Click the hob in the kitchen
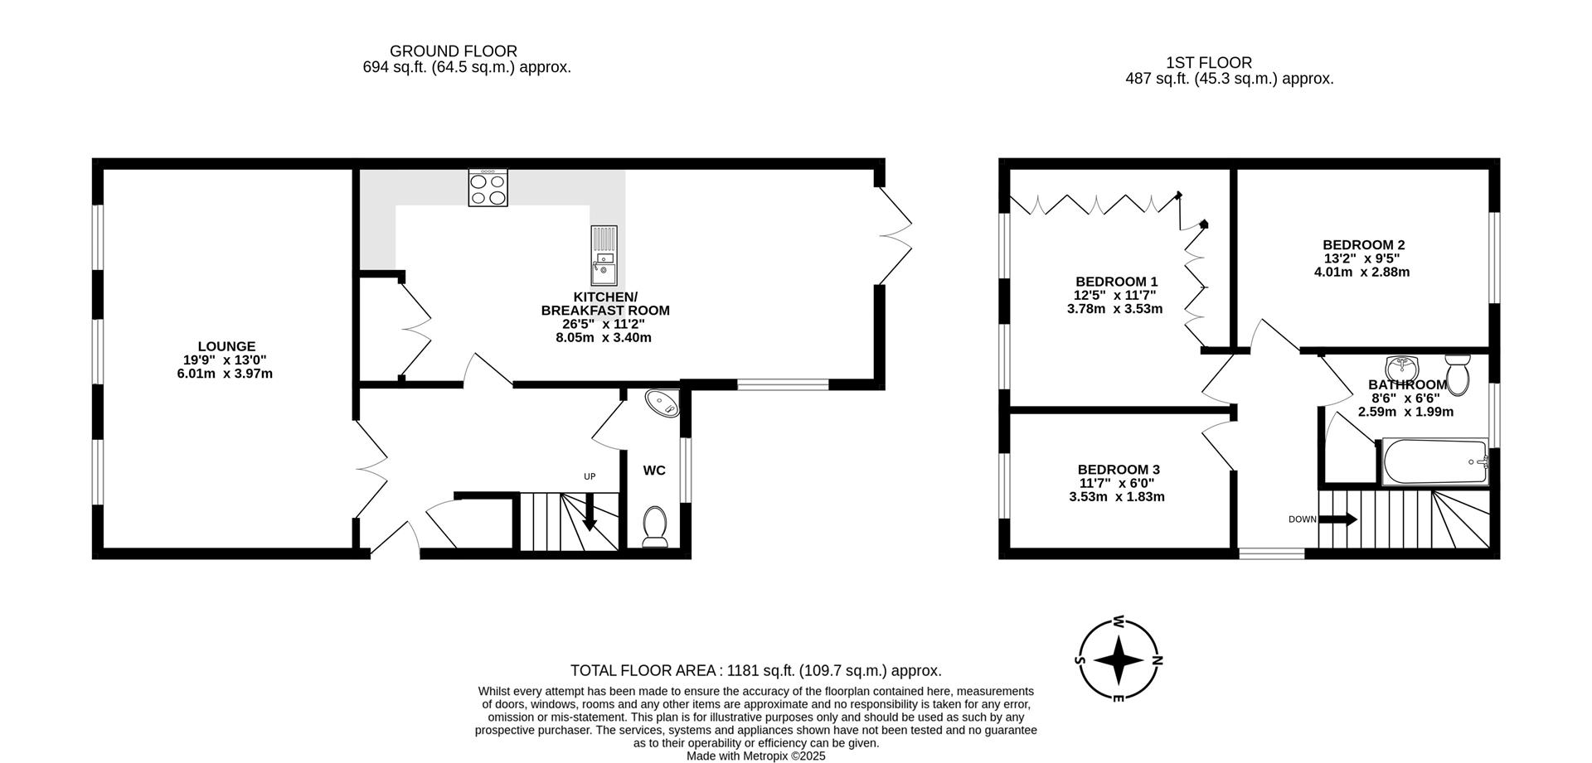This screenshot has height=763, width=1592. click(488, 188)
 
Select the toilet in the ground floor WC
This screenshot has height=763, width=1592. click(655, 527)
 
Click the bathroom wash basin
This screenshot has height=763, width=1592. click(1402, 365)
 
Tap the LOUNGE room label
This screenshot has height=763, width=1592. click(226, 346)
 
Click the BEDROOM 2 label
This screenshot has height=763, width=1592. click(1363, 245)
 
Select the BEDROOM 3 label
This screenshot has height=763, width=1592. click(1118, 470)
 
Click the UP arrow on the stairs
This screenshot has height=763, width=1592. click(590, 511)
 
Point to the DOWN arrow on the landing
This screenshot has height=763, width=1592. click(1337, 519)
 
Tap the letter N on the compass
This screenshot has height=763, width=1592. click(1157, 661)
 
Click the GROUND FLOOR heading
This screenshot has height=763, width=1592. click(453, 51)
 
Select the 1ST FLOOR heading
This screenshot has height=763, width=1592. click(1208, 63)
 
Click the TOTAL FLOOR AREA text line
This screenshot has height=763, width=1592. click(755, 671)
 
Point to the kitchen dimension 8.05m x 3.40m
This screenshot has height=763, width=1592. click(603, 338)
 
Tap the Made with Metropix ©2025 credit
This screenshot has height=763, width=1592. click(755, 756)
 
